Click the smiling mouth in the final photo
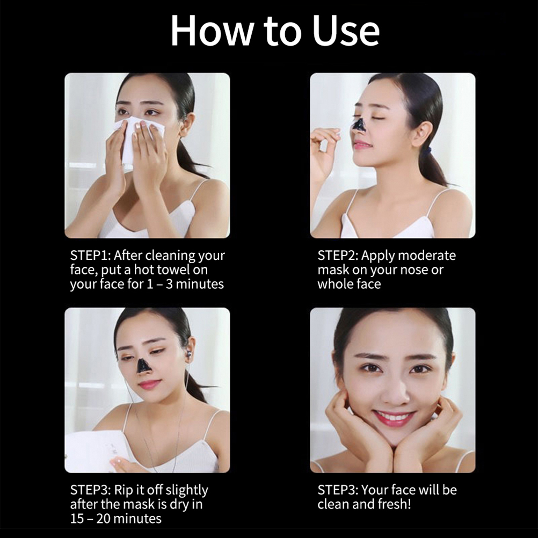point(394,418)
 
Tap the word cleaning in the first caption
point(169,256)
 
